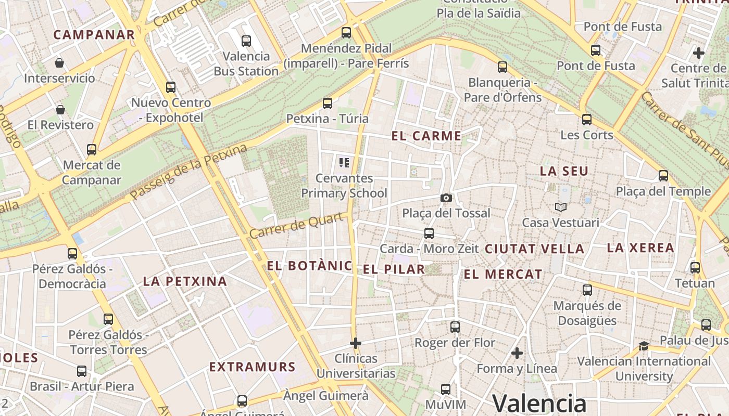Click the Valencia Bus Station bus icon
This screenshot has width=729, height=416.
(246, 41)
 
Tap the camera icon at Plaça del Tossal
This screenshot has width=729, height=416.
(446, 198)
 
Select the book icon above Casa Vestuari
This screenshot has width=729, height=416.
(560, 207)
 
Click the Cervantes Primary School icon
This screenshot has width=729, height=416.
(344, 163)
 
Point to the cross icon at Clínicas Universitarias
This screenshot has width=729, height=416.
(356, 343)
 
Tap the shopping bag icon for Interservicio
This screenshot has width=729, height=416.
(59, 63)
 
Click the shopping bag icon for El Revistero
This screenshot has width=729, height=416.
(60, 110)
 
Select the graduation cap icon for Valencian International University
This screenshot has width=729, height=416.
(644, 346)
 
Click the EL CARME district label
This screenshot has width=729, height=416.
(426, 136)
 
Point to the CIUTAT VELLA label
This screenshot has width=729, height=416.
(534, 249)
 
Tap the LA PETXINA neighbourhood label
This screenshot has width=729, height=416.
(185, 281)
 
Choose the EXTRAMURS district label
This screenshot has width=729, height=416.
(253, 367)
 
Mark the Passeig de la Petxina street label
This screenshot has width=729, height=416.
(188, 172)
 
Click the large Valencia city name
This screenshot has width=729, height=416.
(539, 404)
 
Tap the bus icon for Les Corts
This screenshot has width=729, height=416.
(587, 120)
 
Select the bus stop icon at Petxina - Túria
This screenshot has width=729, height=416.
(327, 103)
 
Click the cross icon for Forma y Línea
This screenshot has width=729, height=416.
(517, 354)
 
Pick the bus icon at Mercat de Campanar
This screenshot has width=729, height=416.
(92, 150)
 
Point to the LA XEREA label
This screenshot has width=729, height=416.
(640, 248)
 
